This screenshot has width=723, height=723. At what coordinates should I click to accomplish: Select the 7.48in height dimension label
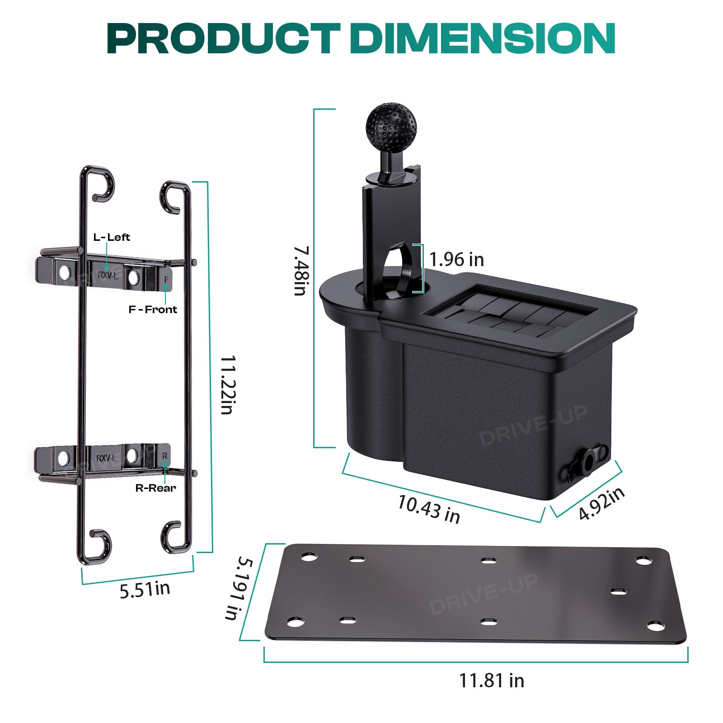pyautogui.click(x=300, y=271)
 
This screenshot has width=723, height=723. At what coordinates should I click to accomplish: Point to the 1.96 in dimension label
pyautogui.click(x=456, y=259)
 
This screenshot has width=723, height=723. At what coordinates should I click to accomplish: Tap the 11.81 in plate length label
pyautogui.click(x=492, y=680)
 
